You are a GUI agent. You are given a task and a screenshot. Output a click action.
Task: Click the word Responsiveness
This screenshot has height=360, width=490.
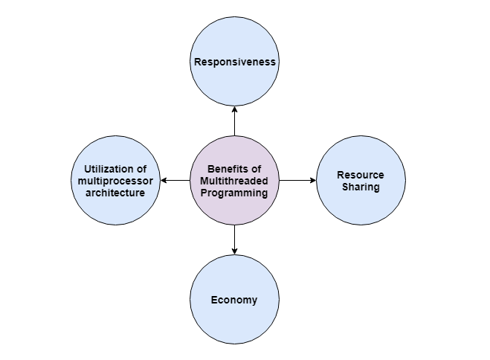pyautogui.click(x=235, y=62)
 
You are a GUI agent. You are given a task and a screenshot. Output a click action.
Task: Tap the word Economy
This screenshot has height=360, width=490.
pyautogui.click(x=234, y=300)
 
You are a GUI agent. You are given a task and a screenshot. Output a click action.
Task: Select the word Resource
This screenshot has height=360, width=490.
pyautogui.click(x=361, y=175)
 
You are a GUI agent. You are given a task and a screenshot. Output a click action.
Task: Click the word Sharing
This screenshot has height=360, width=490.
pyautogui.click(x=361, y=187)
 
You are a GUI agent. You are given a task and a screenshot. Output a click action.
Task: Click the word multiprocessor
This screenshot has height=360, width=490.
pyautogui.click(x=115, y=181)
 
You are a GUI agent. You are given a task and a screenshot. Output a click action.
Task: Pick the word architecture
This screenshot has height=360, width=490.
pyautogui.click(x=115, y=193)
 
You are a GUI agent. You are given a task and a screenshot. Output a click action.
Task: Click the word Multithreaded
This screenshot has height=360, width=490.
pyautogui.click(x=234, y=181)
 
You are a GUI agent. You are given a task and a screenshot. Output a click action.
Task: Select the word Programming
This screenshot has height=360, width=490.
pyautogui.click(x=234, y=193)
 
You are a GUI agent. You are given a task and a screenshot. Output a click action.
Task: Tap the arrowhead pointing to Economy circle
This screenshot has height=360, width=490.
pyautogui.click(x=234, y=251)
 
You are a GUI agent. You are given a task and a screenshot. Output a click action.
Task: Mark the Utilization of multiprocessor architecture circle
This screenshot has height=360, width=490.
pyautogui.click(x=115, y=212)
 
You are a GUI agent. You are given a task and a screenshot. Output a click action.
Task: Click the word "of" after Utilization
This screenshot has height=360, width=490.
pyautogui.click(x=141, y=169)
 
